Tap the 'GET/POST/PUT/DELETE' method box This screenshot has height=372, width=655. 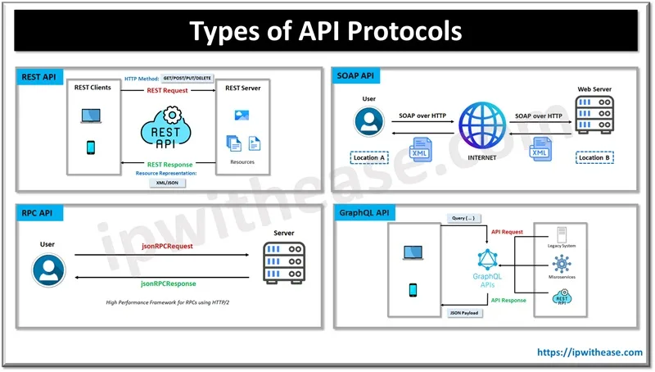(187, 78)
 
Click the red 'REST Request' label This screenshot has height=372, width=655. (167, 90)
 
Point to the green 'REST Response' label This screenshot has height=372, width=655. (169, 165)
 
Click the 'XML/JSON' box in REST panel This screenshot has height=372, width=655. (167, 184)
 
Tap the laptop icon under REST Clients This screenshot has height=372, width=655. (91, 117)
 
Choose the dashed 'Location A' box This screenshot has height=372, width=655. (369, 157)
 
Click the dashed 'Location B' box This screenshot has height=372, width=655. (595, 157)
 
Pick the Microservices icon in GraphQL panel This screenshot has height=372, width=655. (562, 264)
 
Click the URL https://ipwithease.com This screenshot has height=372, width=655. (589, 352)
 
